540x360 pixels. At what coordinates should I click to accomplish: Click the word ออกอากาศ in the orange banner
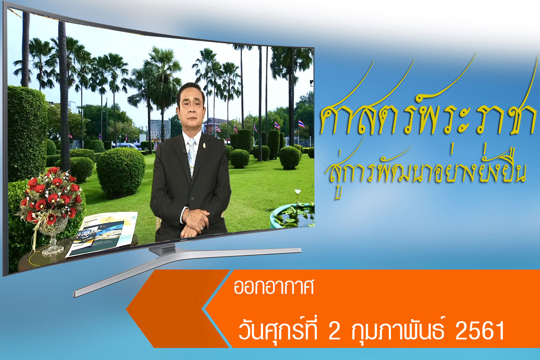click(x=274, y=287)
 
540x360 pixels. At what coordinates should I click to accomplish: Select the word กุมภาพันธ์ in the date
click(x=398, y=330)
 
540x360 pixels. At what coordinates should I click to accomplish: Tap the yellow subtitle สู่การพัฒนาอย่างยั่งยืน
click(x=426, y=170)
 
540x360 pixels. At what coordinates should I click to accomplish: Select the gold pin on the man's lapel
click(x=204, y=145)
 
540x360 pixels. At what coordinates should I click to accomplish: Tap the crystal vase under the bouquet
click(x=53, y=236)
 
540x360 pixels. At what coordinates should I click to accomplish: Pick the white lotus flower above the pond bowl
click(x=298, y=192)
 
